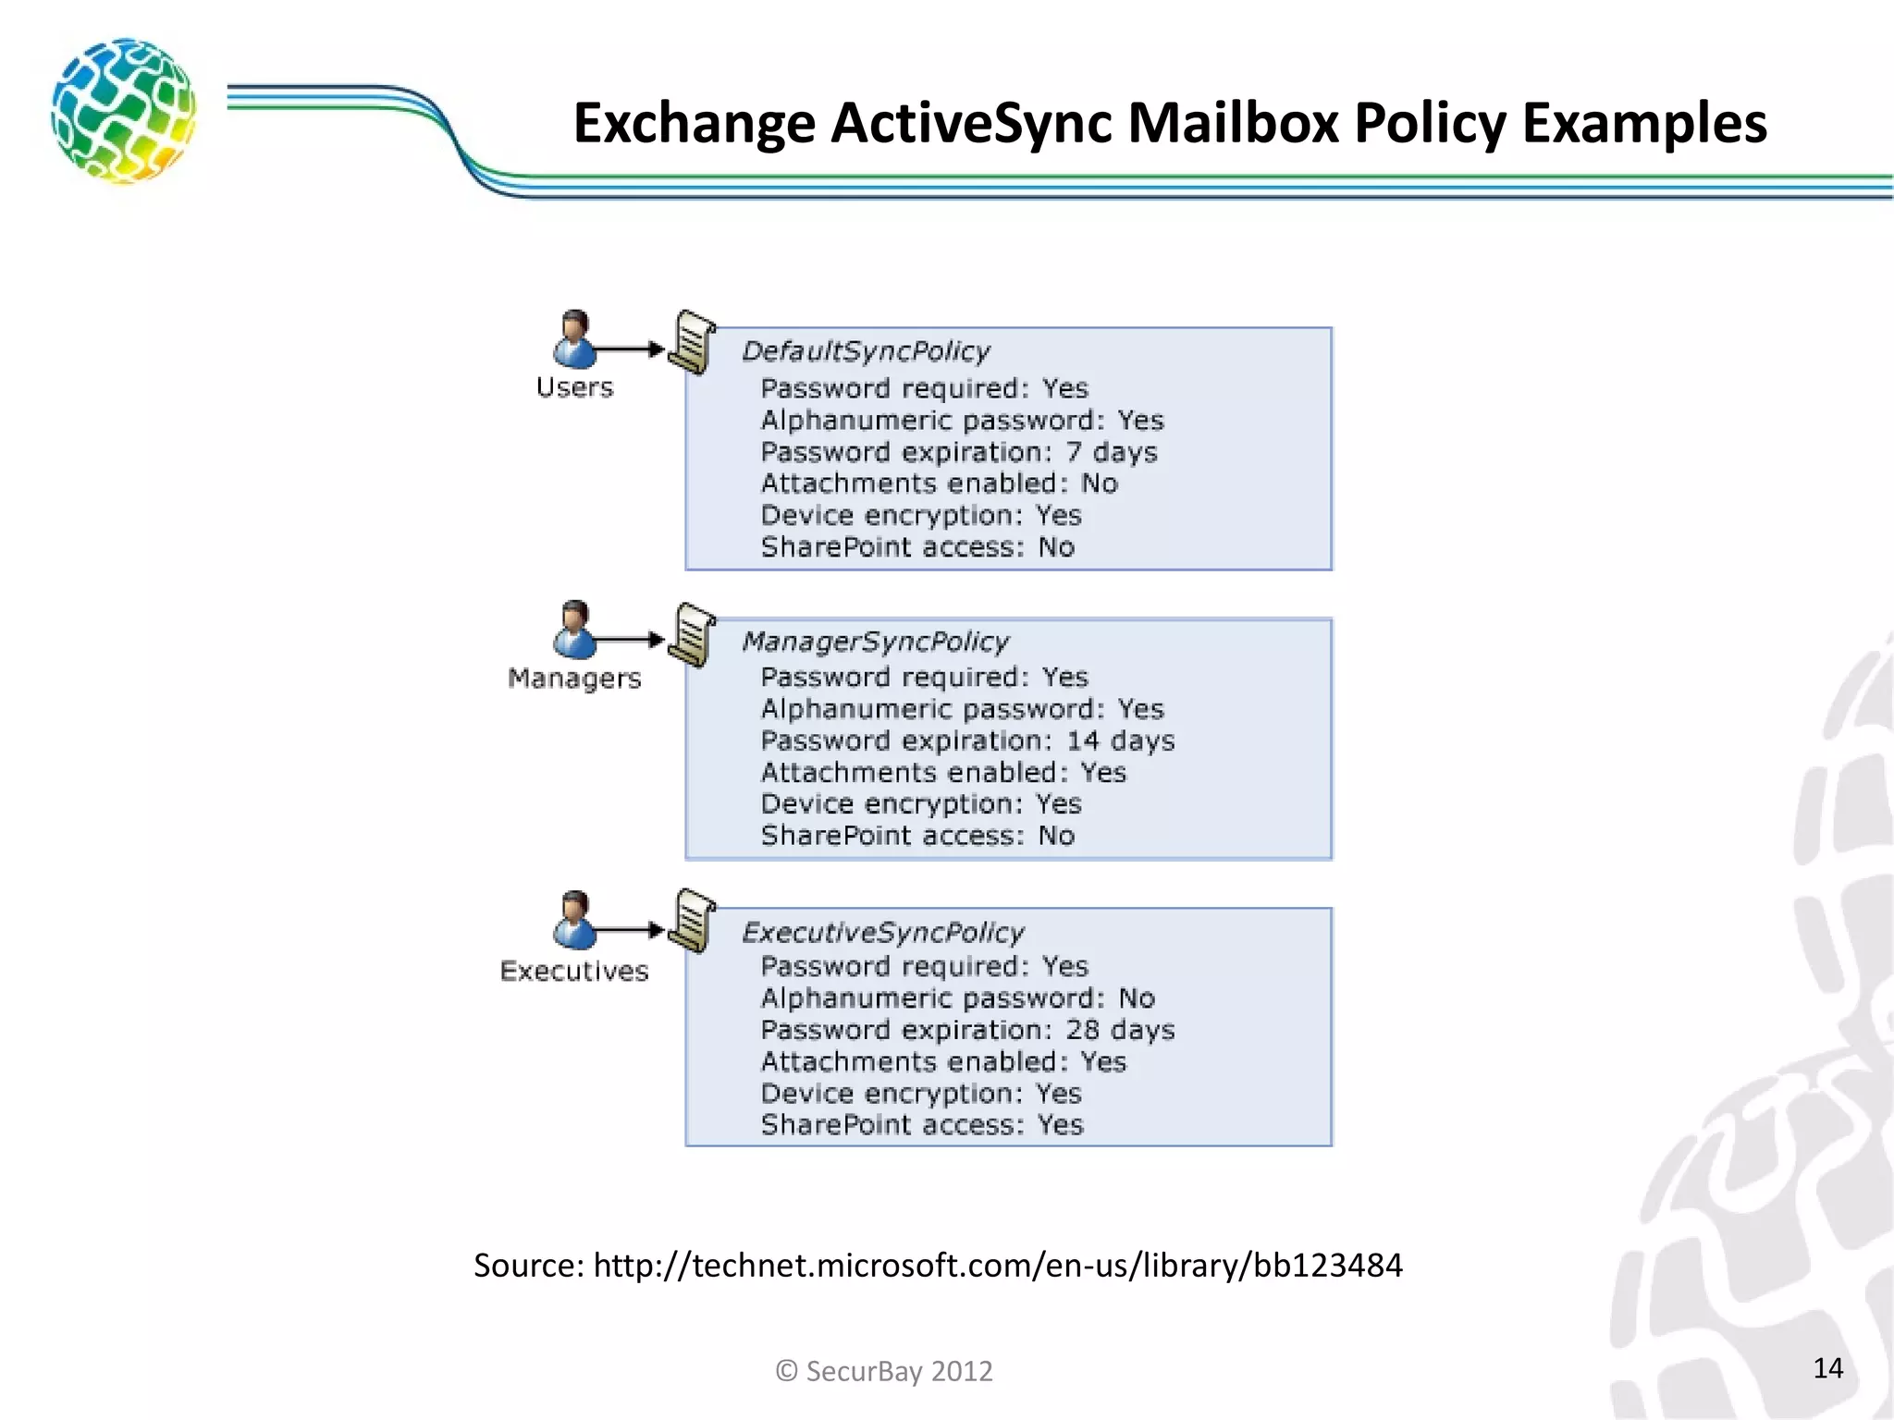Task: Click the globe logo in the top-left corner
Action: click(x=123, y=111)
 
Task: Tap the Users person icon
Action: click(x=574, y=339)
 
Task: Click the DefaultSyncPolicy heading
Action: click(x=866, y=351)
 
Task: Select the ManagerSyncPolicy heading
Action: click(x=875, y=642)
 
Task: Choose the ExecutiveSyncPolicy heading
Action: click(x=882, y=932)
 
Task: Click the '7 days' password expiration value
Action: click(x=1111, y=452)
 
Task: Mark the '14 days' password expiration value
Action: click(x=1120, y=741)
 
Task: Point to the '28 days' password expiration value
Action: click(x=1120, y=1030)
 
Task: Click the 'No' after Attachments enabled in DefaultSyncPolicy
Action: click(x=1100, y=484)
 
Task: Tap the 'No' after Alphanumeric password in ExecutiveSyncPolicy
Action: click(x=1137, y=998)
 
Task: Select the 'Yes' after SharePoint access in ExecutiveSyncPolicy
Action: click(x=1060, y=1125)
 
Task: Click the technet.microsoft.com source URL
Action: click(x=997, y=1265)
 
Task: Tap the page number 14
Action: click(x=1827, y=1368)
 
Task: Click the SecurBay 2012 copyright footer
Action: click(x=884, y=1370)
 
